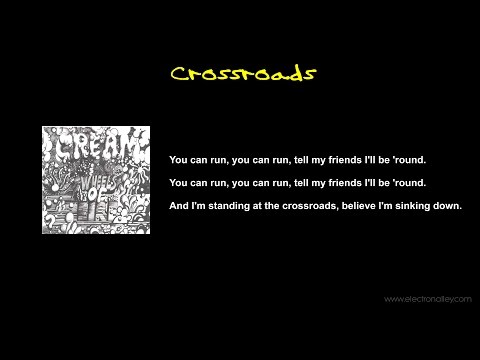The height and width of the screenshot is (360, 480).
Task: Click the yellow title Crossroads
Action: [x=243, y=74]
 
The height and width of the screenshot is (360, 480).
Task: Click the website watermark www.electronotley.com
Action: [x=427, y=298]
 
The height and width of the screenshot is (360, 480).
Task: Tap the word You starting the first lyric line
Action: [x=179, y=160]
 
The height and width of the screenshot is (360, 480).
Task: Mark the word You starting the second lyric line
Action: [x=179, y=183]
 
